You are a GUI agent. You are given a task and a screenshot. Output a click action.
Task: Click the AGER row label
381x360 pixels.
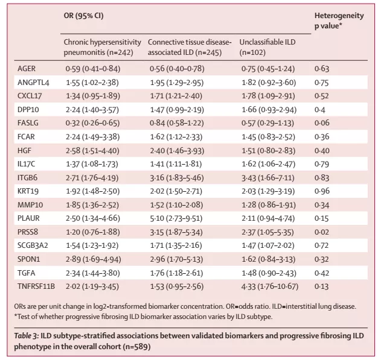(x=27, y=69)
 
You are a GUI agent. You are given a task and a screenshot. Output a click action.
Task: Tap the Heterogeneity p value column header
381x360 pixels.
(x=339, y=21)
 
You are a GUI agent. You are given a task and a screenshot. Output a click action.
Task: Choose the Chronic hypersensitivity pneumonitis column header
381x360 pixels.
(x=103, y=47)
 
